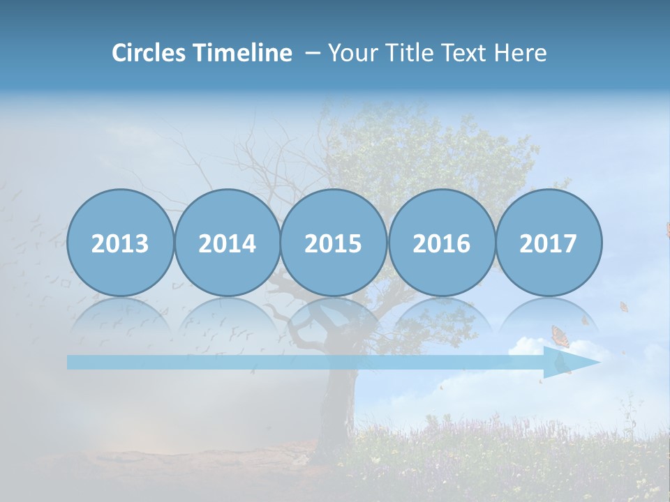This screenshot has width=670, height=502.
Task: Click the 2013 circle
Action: (120, 243)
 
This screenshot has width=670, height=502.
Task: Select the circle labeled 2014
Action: (227, 243)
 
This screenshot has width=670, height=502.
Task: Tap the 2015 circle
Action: (334, 243)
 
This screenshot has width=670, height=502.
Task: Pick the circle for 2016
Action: (441, 243)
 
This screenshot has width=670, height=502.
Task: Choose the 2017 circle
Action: (548, 243)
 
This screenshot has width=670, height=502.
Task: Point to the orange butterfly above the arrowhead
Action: (560, 336)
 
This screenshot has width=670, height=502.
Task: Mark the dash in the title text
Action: (313, 53)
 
